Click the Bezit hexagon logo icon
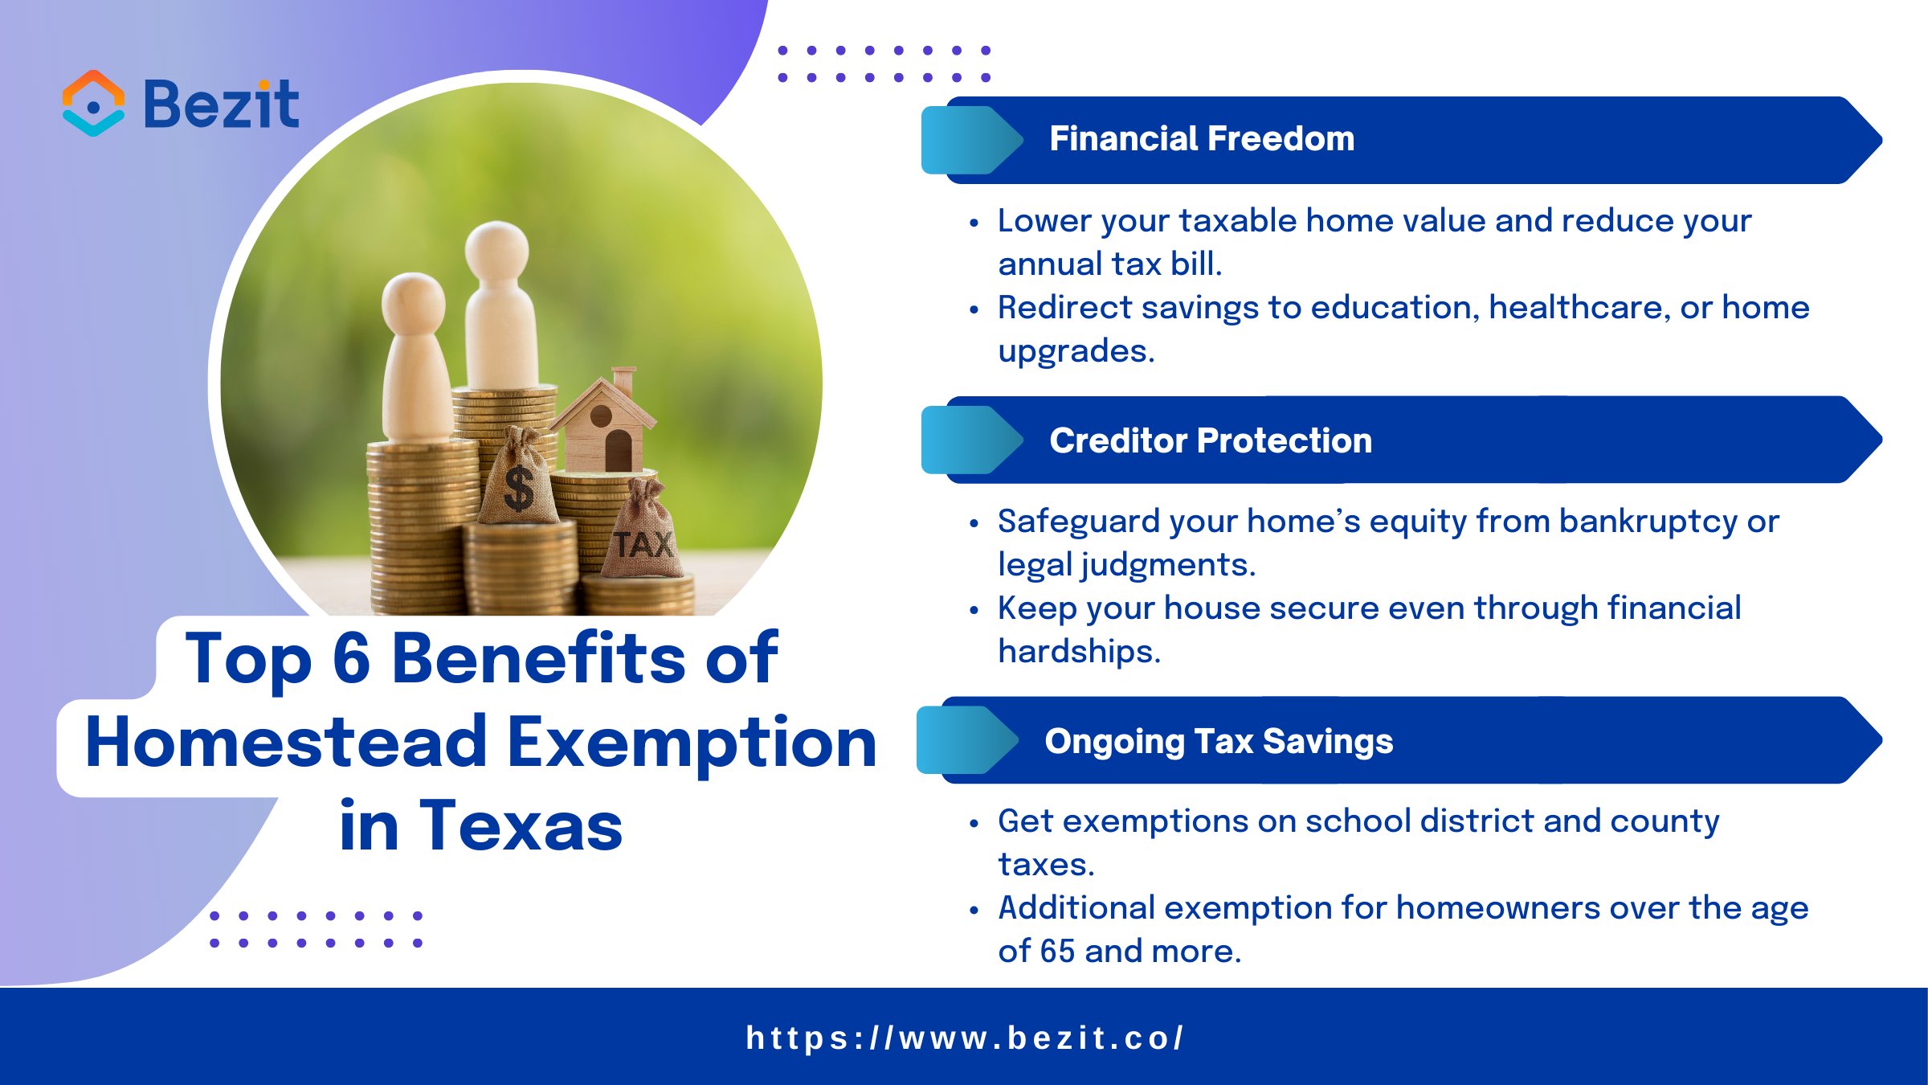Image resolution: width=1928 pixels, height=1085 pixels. [x=93, y=104]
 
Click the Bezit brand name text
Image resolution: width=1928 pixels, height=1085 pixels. [x=221, y=104]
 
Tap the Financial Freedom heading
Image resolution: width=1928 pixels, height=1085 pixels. [x=1202, y=139]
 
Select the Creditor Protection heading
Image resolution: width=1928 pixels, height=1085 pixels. [x=1211, y=440]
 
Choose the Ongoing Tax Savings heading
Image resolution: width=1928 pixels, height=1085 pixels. [x=1219, y=741]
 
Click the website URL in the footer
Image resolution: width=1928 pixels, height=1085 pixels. [x=964, y=1038]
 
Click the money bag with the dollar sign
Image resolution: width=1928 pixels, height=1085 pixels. [x=518, y=482]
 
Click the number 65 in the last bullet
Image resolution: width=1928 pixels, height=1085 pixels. [x=1056, y=952]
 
